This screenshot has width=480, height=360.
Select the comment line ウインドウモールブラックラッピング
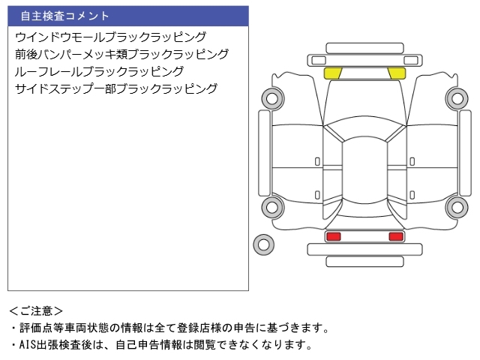tap(110, 37)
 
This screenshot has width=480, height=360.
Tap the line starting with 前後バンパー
tap(121, 54)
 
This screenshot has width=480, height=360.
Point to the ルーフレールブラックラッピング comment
tap(99, 71)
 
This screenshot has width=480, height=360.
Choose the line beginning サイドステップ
tap(115, 88)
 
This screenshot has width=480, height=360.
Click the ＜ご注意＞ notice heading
tap(36, 310)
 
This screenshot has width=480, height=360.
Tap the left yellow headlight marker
tap(332, 73)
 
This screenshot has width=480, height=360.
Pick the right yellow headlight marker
tap(396, 73)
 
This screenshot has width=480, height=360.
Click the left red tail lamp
tap(333, 237)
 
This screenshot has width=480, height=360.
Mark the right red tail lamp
tap(395, 237)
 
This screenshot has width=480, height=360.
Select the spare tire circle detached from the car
tap(263, 243)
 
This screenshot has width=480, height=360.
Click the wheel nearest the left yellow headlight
tap(271, 97)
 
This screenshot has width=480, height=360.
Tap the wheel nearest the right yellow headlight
tap(457, 97)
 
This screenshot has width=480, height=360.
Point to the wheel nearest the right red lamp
tap(457, 208)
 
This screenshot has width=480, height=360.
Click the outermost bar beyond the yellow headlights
tap(364, 46)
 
